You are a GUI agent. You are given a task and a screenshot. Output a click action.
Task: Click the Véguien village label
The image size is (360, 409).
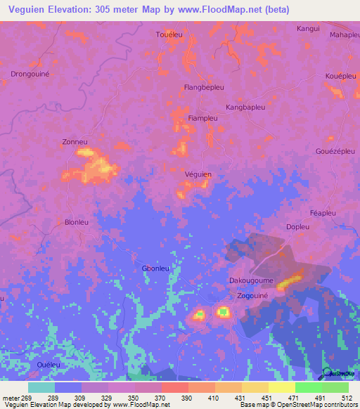pos(198,174)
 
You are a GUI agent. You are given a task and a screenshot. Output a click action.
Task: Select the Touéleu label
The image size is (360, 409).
pos(169,34)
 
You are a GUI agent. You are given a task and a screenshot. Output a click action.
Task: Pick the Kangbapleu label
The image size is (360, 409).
pos(245,108)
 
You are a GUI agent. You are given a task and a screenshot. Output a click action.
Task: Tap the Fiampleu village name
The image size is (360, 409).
pos(202,119)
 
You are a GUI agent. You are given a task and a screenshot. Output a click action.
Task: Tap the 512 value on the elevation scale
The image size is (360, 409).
pos(346,398)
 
